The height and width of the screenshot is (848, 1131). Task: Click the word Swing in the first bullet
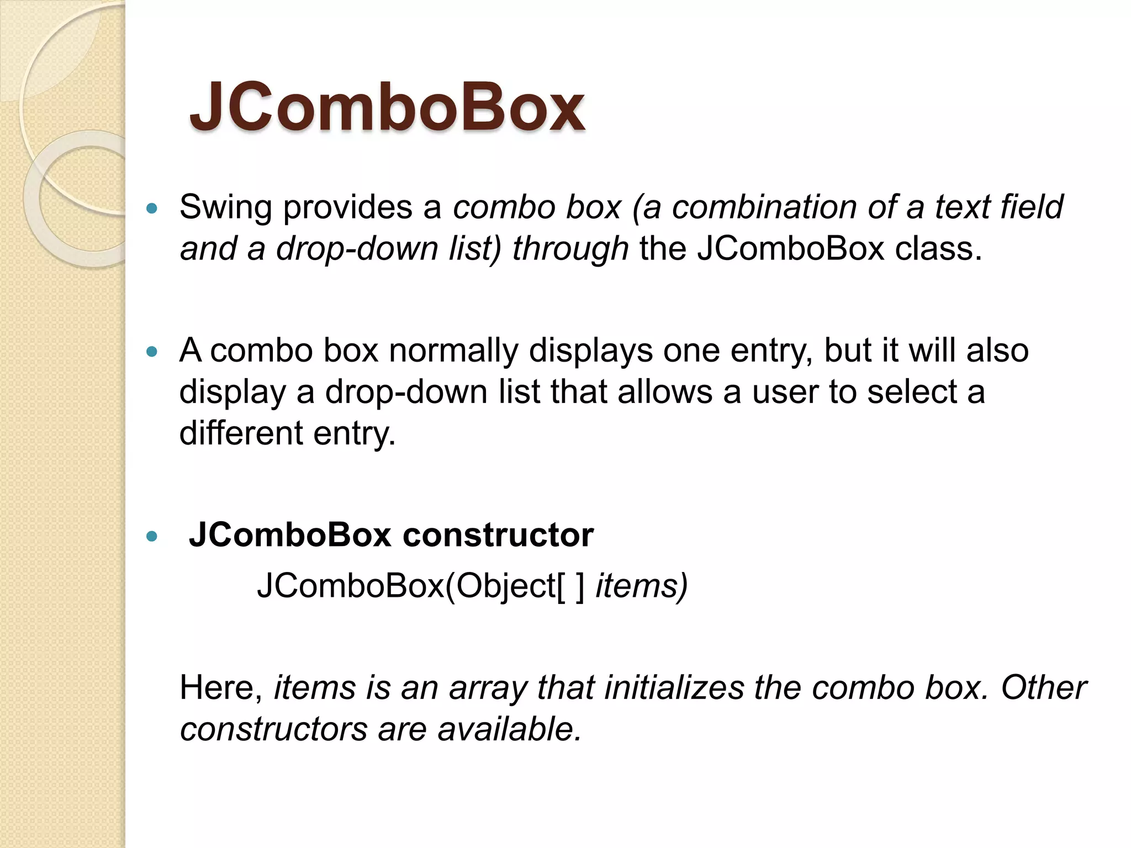[225, 208]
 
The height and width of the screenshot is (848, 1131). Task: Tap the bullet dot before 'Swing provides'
[152, 209]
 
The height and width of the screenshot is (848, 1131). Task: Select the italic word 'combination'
[764, 208]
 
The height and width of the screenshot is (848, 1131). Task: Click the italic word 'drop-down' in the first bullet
[357, 249]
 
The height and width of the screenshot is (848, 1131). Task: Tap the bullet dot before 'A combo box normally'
[152, 351]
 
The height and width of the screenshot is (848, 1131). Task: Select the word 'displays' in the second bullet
[590, 351]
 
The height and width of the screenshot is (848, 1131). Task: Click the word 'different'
[241, 433]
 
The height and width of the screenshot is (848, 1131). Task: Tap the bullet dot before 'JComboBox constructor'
[152, 536]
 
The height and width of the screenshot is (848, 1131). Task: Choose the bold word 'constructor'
[498, 535]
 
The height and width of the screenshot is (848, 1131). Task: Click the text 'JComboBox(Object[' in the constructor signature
[411, 586]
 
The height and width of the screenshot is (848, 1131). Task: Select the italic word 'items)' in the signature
[642, 586]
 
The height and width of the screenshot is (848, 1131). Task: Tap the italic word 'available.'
[510, 729]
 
